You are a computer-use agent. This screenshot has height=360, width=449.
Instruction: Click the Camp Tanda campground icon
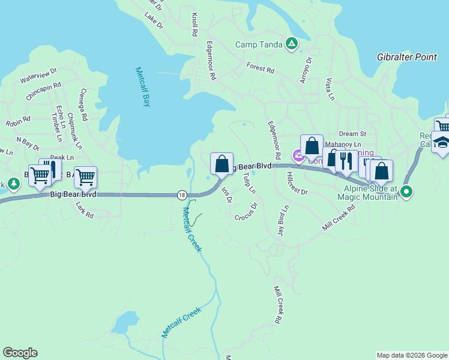pyautogui.click(x=291, y=43)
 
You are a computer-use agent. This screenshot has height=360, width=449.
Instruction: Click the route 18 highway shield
pyautogui.click(x=181, y=194)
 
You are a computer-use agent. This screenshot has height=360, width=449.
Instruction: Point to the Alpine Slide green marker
pyautogui.click(x=406, y=192)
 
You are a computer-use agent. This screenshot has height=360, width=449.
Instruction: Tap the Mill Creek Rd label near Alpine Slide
pyautogui.click(x=339, y=217)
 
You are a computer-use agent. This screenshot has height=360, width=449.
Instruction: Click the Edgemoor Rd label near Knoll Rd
pyautogui.click(x=211, y=61)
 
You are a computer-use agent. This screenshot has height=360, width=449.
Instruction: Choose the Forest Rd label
pyautogui.click(x=260, y=67)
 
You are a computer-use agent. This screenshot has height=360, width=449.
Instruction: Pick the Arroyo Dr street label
pyautogui.click(x=307, y=70)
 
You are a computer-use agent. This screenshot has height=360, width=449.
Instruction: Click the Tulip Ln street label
pyautogui.click(x=249, y=183)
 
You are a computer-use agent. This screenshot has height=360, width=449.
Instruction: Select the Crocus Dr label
pyautogui.click(x=246, y=212)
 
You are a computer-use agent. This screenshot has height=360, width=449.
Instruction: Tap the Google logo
pyautogui.click(x=20, y=353)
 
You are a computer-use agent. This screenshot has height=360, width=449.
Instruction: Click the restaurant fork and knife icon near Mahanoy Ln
pyautogui.click(x=346, y=161)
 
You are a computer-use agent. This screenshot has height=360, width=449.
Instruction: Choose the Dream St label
pyautogui.click(x=352, y=134)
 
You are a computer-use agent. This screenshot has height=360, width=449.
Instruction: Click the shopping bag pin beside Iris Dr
pyautogui.click(x=221, y=163)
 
